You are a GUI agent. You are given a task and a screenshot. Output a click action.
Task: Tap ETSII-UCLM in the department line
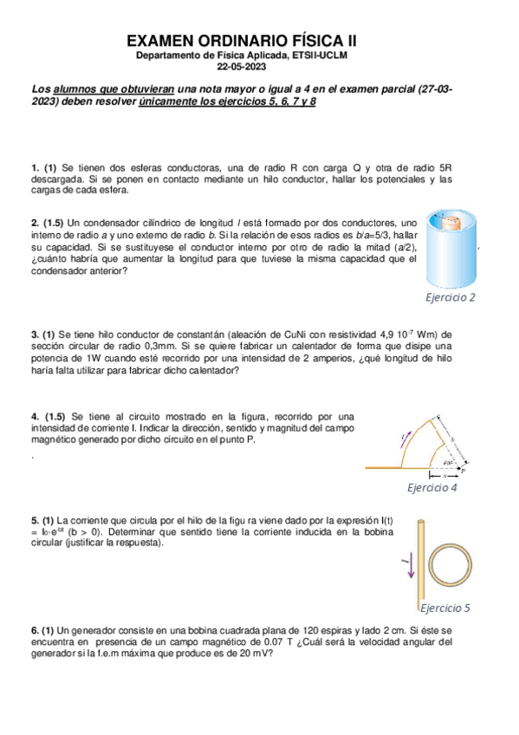(317, 55)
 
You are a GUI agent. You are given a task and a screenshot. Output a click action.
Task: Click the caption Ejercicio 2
(450, 297)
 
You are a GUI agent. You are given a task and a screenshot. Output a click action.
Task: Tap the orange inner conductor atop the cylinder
(449, 222)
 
